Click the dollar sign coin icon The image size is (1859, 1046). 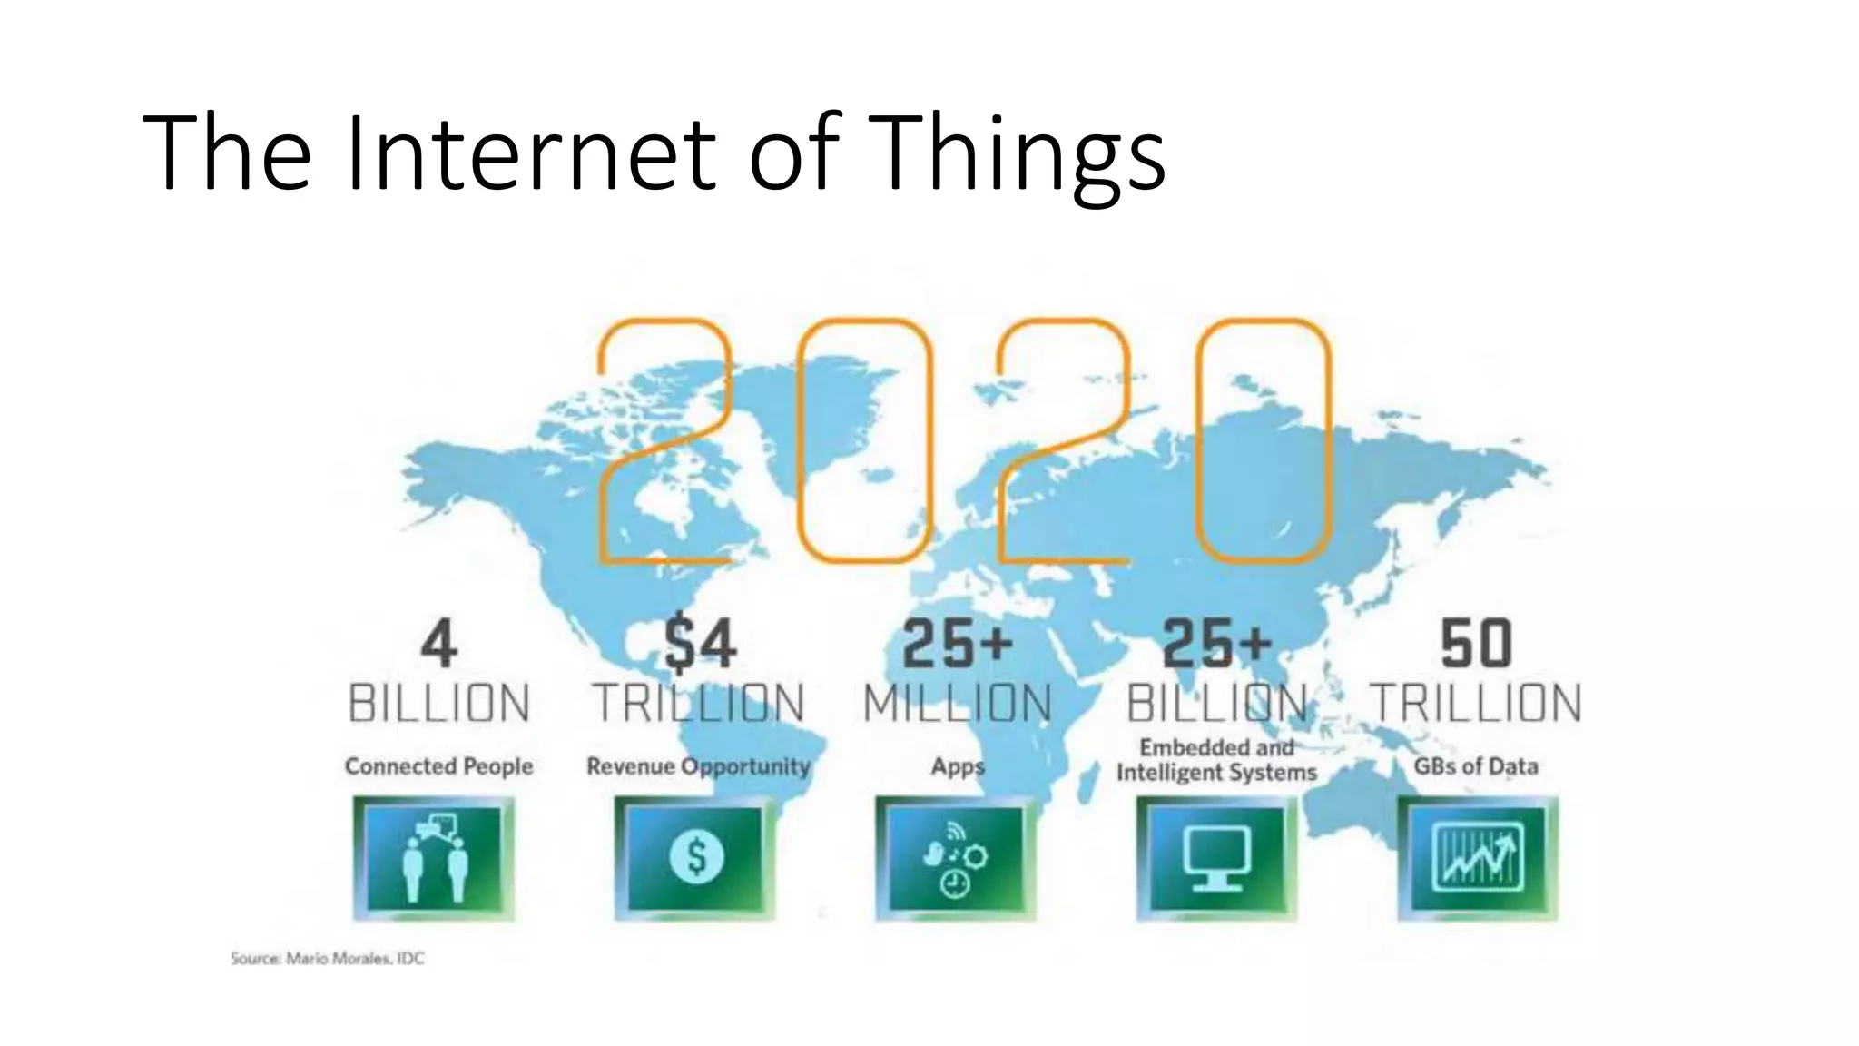coord(695,857)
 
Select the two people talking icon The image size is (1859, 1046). coord(434,857)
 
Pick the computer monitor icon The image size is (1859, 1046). coord(1216,857)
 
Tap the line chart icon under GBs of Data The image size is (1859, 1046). coord(1477,857)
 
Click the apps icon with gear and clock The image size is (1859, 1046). coord(956,857)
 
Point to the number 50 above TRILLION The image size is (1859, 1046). coord(1476,645)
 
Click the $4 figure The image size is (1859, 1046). coord(699,645)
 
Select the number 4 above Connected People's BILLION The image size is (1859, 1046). coord(439,645)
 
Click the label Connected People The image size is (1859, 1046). coord(438,766)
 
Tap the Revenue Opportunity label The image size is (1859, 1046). coord(698,766)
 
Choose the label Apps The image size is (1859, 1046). coord(958,766)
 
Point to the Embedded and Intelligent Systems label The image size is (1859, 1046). coord(1216,760)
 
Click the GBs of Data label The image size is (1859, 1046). coord(1476,766)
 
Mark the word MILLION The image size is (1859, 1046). coord(958,704)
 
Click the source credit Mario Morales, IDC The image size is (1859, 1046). coord(328,958)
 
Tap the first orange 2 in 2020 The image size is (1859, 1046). coord(665,440)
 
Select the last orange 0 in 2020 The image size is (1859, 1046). coord(1264,440)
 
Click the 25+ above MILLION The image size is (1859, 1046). coord(958,645)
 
